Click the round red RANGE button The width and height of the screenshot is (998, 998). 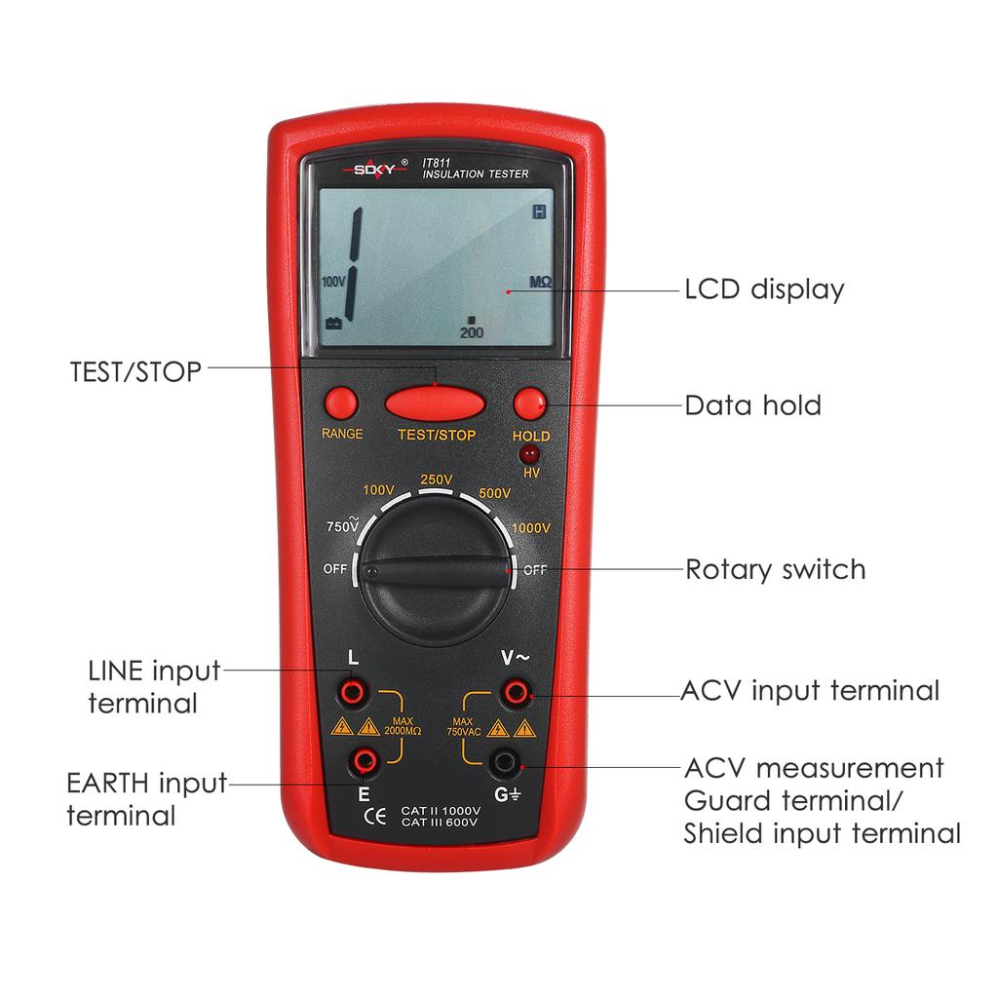[341, 403]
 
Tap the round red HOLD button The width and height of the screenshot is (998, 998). [529, 403]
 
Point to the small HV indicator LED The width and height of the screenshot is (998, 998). [531, 455]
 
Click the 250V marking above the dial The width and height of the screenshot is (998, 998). [436, 480]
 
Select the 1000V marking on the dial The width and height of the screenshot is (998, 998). [531, 527]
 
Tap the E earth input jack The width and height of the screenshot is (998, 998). [365, 759]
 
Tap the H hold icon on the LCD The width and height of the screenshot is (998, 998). [539, 211]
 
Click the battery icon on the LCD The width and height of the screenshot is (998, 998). [333, 324]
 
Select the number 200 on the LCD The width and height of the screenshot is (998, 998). [472, 332]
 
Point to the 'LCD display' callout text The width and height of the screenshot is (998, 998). [764, 289]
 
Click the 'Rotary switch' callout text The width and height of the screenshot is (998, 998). [775, 569]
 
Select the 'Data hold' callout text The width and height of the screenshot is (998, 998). [752, 404]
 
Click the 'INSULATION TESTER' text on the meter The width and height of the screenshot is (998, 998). [475, 174]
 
